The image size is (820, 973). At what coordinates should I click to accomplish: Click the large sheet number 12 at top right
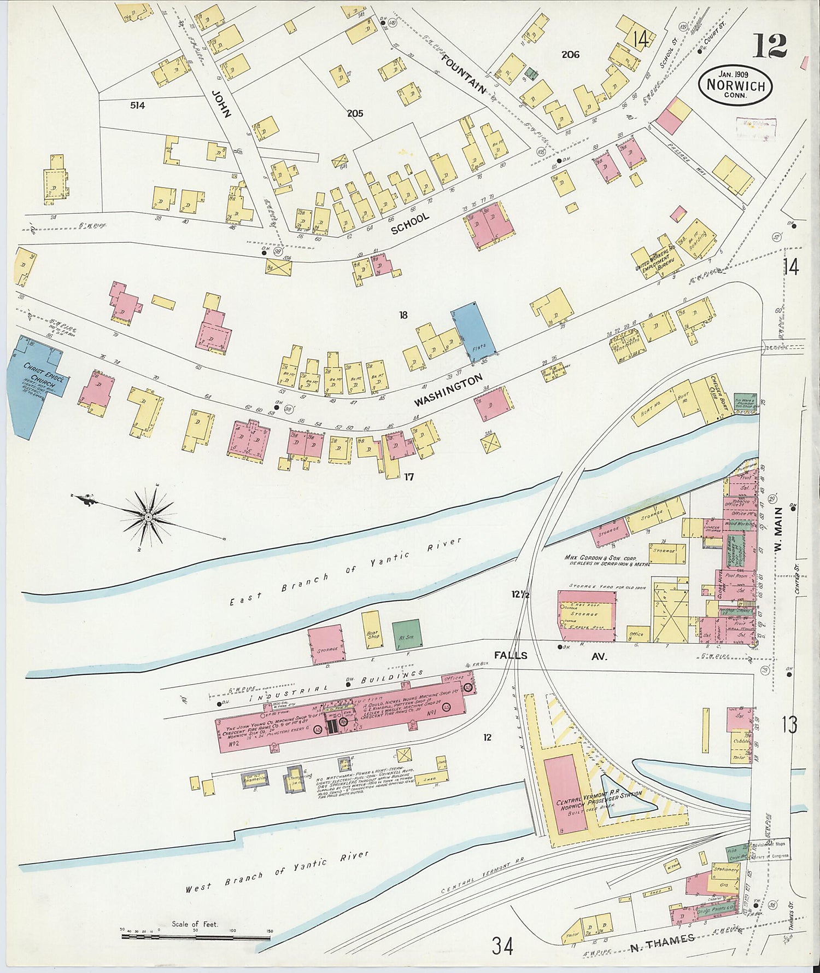click(770, 46)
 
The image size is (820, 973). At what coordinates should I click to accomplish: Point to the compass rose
click(148, 516)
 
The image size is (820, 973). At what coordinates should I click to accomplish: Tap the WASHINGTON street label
click(448, 390)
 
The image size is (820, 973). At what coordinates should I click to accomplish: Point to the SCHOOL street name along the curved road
click(410, 224)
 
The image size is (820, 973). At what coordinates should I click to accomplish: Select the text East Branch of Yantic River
click(344, 572)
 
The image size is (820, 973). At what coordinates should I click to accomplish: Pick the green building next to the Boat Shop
click(406, 634)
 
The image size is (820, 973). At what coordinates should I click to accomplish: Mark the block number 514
click(137, 106)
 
